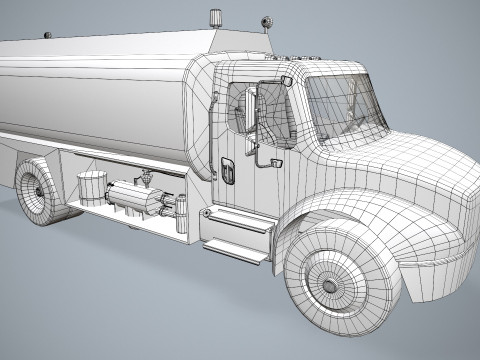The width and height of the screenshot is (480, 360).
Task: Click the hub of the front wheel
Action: coord(328,286)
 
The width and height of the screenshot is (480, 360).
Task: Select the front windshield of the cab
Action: coord(346,100)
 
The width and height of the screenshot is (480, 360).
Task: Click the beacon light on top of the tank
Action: coord(214,17)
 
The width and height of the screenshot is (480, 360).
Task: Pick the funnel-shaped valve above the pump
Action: coord(146,178)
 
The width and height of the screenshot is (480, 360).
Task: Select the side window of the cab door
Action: coord(238,107)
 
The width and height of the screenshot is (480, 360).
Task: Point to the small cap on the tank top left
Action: coord(45,36)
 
